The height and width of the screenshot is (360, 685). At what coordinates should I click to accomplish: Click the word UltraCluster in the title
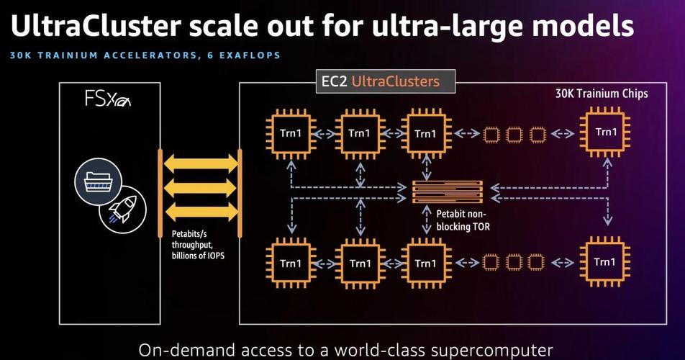click(x=95, y=25)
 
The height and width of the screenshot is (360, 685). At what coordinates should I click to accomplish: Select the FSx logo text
click(x=107, y=99)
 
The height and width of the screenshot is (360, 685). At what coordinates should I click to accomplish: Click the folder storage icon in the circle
click(x=98, y=181)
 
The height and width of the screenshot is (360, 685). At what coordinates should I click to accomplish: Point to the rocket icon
click(x=123, y=208)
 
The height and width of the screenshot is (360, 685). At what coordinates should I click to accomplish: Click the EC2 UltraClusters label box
click(x=386, y=81)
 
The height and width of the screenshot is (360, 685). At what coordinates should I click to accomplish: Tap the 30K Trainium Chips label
click(x=602, y=94)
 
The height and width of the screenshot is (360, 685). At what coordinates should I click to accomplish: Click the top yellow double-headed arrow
click(x=201, y=163)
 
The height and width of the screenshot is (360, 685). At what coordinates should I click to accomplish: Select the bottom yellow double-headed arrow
click(x=201, y=212)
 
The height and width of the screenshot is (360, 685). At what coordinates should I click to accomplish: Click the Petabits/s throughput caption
click(x=198, y=245)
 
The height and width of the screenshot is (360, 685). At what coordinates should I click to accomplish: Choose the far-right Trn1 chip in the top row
click(x=605, y=132)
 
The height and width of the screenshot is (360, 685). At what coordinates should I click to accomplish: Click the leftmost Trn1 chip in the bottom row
click(x=291, y=264)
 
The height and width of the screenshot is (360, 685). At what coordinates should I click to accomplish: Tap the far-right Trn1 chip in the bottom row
click(x=605, y=261)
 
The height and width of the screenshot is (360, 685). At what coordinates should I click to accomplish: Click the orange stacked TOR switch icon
click(x=448, y=192)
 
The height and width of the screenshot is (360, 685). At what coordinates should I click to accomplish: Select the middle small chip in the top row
click(x=514, y=135)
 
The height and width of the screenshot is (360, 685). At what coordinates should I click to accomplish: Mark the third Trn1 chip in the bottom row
click(x=426, y=264)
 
